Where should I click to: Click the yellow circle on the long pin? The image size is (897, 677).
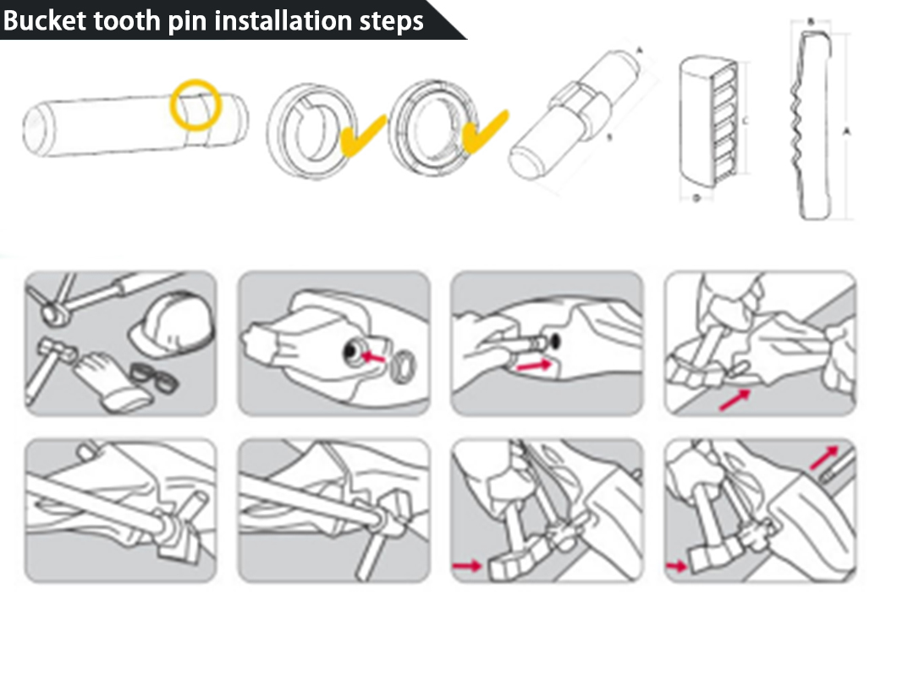tap(196, 104)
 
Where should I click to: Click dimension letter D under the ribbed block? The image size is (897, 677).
tap(695, 198)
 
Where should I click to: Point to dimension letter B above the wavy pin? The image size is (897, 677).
tap(811, 21)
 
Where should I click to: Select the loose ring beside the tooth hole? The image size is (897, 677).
tap(404, 365)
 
